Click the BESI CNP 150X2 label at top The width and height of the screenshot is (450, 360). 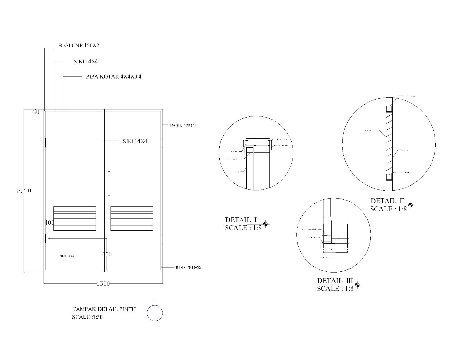tap(78, 45)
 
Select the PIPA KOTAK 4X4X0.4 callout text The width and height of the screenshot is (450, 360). tap(114, 76)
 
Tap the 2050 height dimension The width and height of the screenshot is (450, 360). tap(24, 191)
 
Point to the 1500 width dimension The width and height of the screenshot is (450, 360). tap(103, 284)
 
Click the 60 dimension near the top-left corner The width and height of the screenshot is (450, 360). tap(36, 112)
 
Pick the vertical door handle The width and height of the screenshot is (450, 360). tap(109, 183)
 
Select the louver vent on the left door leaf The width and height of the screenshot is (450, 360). tap(75, 219)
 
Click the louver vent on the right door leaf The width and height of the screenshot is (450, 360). tap(132, 219)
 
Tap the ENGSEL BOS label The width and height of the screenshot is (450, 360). tap(183, 125)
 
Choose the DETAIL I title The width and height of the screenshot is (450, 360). tap(241, 220)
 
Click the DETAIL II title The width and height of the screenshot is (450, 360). tap(387, 201)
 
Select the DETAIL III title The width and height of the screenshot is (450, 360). tap(335, 281)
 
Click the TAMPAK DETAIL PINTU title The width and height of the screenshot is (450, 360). tap(104, 309)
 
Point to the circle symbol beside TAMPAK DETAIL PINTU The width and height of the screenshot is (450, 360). tap(155, 313)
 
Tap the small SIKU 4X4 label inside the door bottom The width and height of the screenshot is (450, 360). tap(67, 256)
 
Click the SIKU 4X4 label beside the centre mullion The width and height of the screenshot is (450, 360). tap(135, 141)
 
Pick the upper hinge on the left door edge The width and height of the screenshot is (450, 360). tap(45, 142)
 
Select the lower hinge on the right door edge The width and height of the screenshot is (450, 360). tap(161, 238)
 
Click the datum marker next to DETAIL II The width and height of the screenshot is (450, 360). tap(411, 205)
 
